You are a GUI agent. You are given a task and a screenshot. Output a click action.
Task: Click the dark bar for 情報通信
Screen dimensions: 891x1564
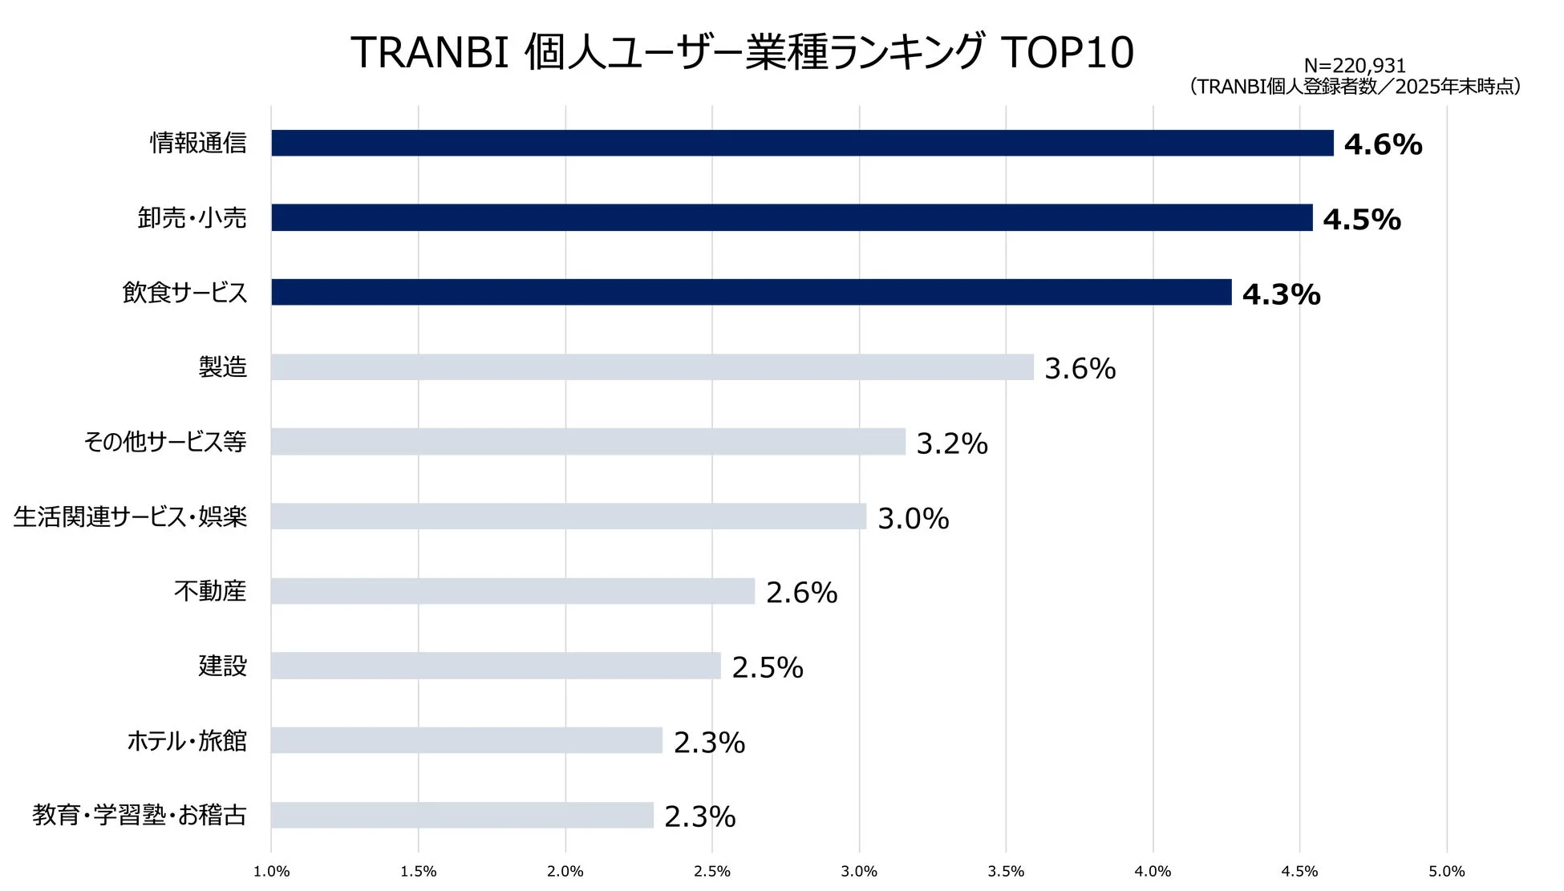tap(802, 144)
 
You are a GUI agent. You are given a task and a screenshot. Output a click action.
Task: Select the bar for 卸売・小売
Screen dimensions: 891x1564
tap(792, 218)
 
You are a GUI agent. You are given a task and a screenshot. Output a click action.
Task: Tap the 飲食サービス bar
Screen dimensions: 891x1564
tap(751, 293)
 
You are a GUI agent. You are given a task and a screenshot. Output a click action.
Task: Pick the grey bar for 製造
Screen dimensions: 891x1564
tap(652, 367)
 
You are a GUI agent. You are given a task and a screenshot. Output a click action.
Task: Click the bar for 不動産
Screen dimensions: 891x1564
tap(513, 592)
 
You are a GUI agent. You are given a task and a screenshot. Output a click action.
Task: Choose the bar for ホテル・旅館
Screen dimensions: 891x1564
tap(467, 741)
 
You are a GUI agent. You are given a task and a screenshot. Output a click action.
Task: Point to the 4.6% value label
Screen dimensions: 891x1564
tap(1383, 145)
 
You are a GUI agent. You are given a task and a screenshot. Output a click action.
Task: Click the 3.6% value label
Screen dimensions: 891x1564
tap(1080, 369)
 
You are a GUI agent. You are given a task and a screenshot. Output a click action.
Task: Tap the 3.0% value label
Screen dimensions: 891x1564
tap(913, 519)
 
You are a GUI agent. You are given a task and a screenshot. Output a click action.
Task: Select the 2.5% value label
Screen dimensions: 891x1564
tap(767, 668)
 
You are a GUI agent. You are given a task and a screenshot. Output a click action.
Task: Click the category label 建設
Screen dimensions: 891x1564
tap(222, 666)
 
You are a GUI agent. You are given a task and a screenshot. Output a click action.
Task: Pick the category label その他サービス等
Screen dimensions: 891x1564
tap(165, 442)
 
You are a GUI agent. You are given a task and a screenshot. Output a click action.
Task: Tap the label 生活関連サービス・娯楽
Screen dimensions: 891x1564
tap(130, 517)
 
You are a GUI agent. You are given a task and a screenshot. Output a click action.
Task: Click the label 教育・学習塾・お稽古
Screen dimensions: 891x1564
tap(140, 816)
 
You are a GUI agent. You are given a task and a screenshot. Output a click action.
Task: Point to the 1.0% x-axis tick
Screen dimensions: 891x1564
tap(271, 872)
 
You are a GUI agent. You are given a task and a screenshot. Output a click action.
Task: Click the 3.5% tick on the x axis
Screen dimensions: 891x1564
tap(1006, 872)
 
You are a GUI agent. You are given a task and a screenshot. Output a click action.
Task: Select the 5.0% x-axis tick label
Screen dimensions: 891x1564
tap(1446, 872)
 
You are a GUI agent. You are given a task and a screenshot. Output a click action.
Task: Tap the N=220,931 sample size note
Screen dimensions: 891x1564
tap(1355, 67)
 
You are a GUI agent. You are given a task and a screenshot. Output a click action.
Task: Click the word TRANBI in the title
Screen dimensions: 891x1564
tap(430, 53)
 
